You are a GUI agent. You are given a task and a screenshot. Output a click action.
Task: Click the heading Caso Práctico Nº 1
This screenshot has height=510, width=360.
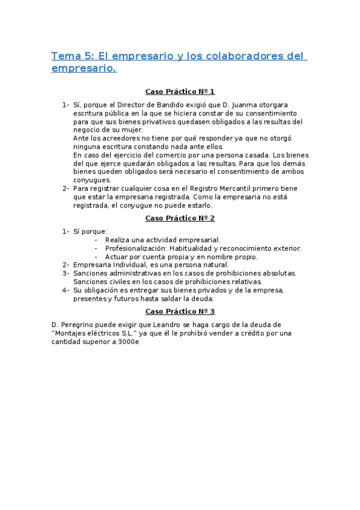[x=180, y=91]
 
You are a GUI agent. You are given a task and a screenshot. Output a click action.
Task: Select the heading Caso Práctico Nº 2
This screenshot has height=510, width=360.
[x=180, y=218]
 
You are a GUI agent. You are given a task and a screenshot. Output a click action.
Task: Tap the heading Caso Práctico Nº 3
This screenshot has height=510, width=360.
[x=180, y=311]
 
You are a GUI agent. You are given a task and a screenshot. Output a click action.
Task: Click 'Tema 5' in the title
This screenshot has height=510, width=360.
[x=69, y=57]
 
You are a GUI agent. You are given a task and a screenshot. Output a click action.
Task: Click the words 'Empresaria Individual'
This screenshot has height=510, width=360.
[x=110, y=265]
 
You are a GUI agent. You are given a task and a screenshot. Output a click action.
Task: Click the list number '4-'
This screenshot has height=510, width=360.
[x=66, y=290]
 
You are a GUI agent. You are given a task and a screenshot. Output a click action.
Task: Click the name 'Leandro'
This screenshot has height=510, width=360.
[x=168, y=325]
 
